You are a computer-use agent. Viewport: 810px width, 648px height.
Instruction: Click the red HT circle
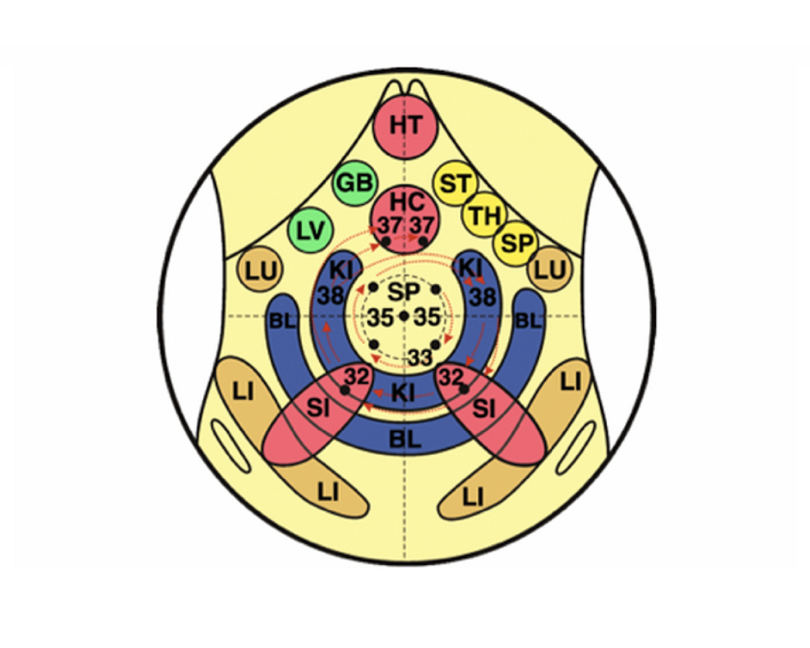click(x=406, y=125)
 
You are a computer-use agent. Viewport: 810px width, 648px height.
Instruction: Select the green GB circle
click(x=354, y=184)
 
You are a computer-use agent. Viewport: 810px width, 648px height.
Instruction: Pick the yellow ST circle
click(x=455, y=184)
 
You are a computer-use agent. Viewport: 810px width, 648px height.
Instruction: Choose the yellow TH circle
click(x=485, y=215)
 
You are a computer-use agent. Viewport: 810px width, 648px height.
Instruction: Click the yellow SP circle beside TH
click(x=517, y=244)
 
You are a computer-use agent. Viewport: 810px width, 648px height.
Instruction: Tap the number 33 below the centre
click(x=420, y=358)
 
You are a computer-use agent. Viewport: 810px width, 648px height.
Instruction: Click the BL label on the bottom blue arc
click(x=404, y=439)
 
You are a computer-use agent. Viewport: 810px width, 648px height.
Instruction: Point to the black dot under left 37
click(x=386, y=240)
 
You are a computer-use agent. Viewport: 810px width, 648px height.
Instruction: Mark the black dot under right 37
click(x=423, y=240)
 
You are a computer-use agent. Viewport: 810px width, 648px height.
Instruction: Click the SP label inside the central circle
click(x=404, y=291)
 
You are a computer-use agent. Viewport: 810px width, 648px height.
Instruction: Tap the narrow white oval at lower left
click(x=231, y=446)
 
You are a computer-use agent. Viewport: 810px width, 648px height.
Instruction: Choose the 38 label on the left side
click(x=331, y=295)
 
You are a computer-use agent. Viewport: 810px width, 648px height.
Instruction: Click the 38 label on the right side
click(x=483, y=296)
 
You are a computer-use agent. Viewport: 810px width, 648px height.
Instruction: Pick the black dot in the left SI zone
click(x=344, y=390)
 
